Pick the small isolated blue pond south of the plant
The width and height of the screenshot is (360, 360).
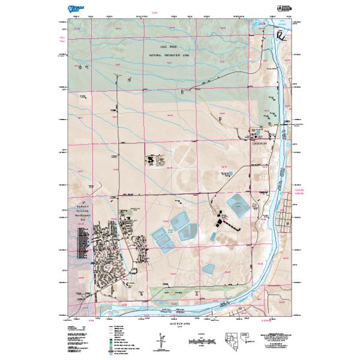coord(209,268)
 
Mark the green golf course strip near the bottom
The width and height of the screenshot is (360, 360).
coord(174,294)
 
